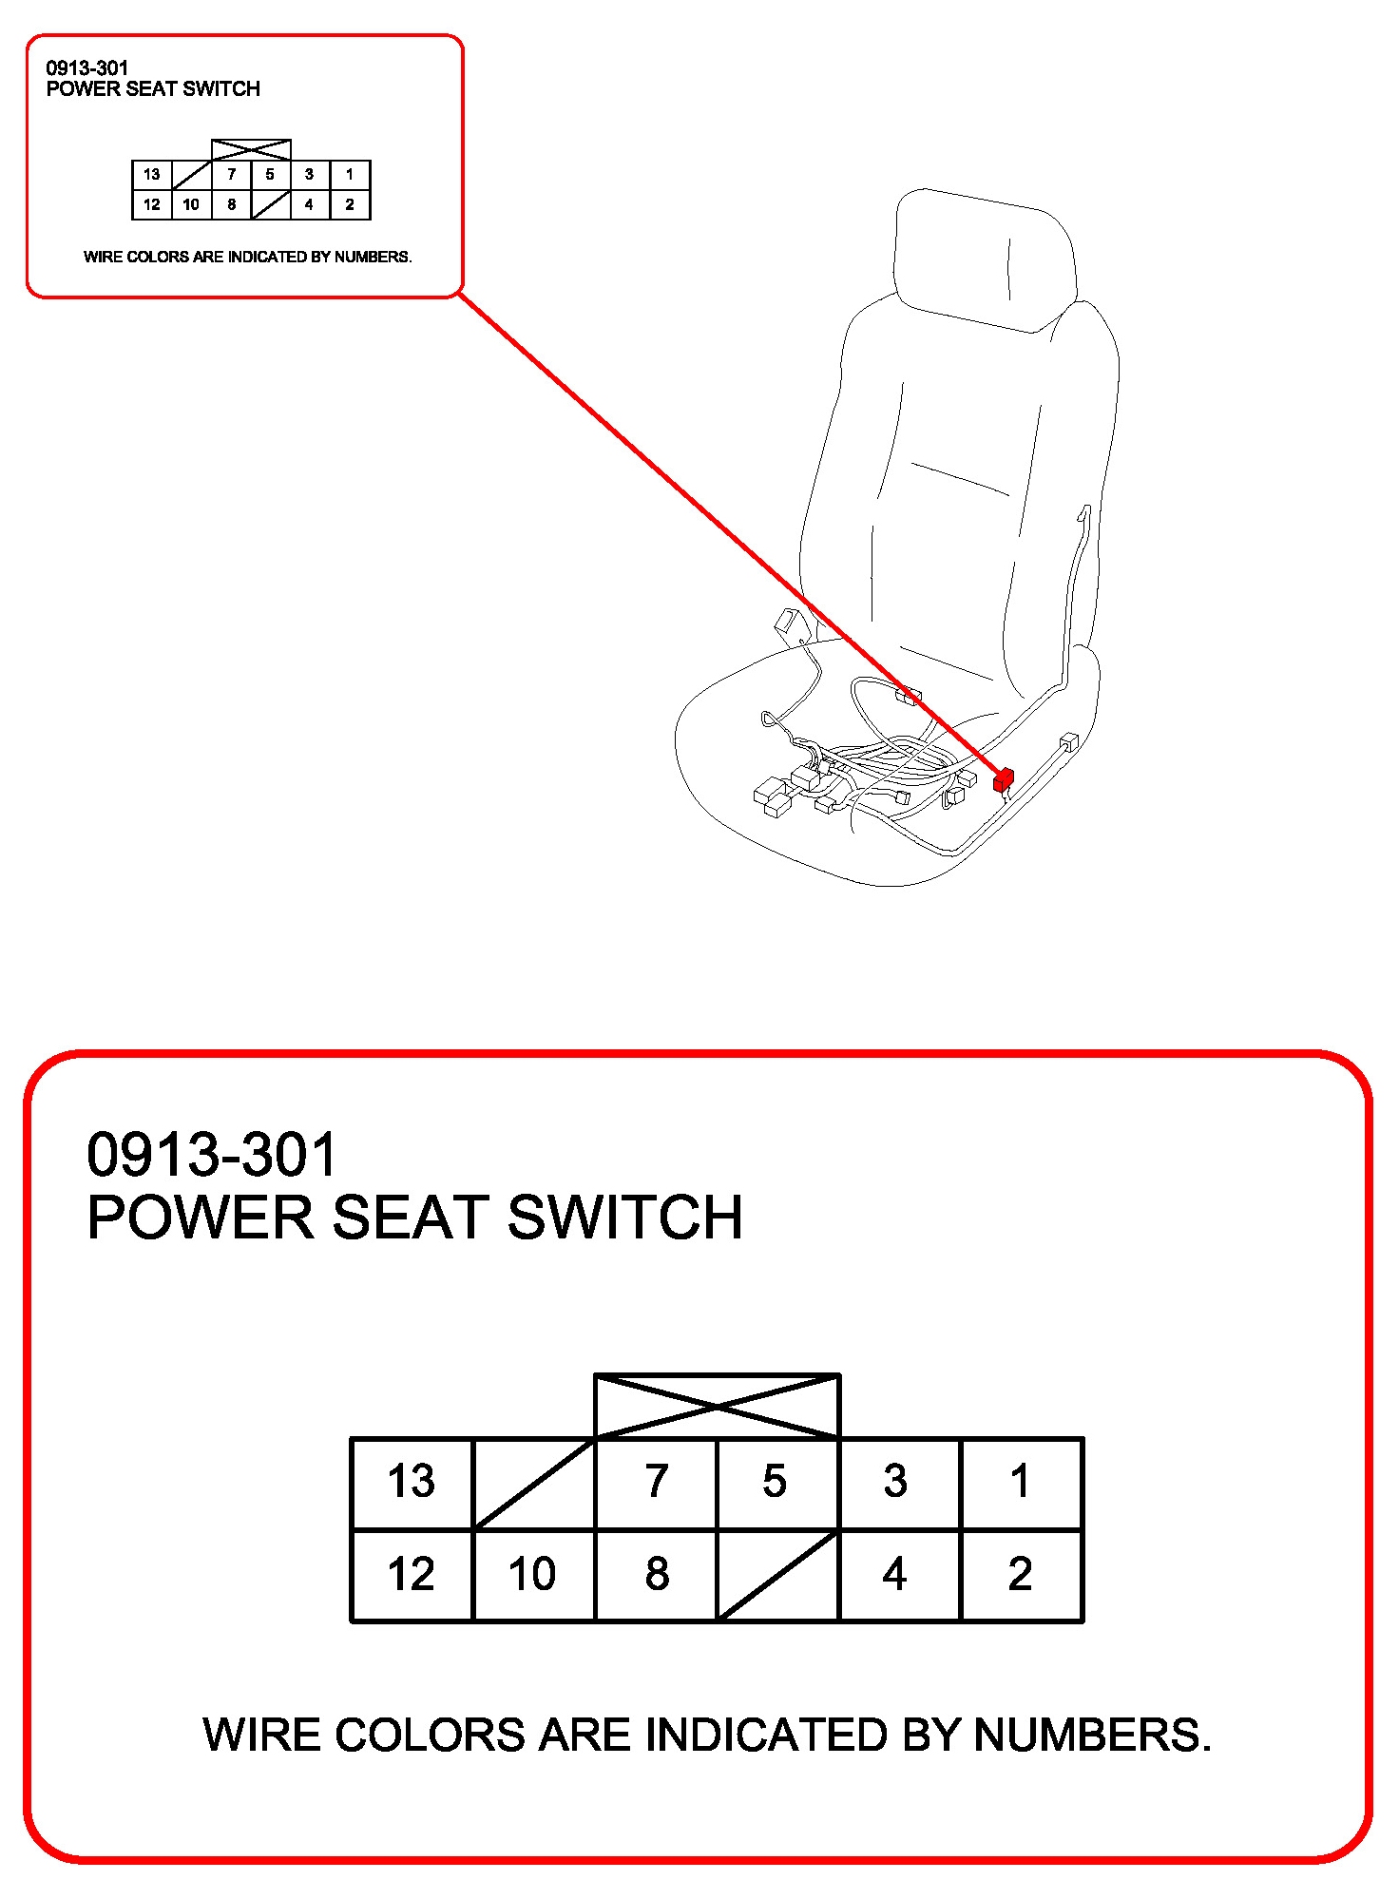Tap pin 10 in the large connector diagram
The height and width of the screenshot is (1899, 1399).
(533, 1574)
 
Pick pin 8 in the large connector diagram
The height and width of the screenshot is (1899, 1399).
(656, 1574)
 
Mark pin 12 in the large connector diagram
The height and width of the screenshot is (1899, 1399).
(412, 1574)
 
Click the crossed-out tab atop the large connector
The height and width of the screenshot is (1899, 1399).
(718, 1406)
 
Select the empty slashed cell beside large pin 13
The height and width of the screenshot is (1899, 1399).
(533, 1483)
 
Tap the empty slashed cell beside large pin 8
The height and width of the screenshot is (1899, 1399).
(778, 1574)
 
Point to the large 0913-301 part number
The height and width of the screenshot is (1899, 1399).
(211, 1154)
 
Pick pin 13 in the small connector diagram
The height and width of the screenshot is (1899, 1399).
(152, 175)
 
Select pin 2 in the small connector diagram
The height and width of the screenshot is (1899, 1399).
(350, 204)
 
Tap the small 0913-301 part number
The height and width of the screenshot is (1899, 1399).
(86, 67)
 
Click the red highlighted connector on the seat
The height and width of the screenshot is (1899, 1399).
(1003, 780)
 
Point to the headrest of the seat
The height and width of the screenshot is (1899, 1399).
(986, 259)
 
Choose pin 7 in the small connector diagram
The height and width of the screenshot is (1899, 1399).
(231, 175)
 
